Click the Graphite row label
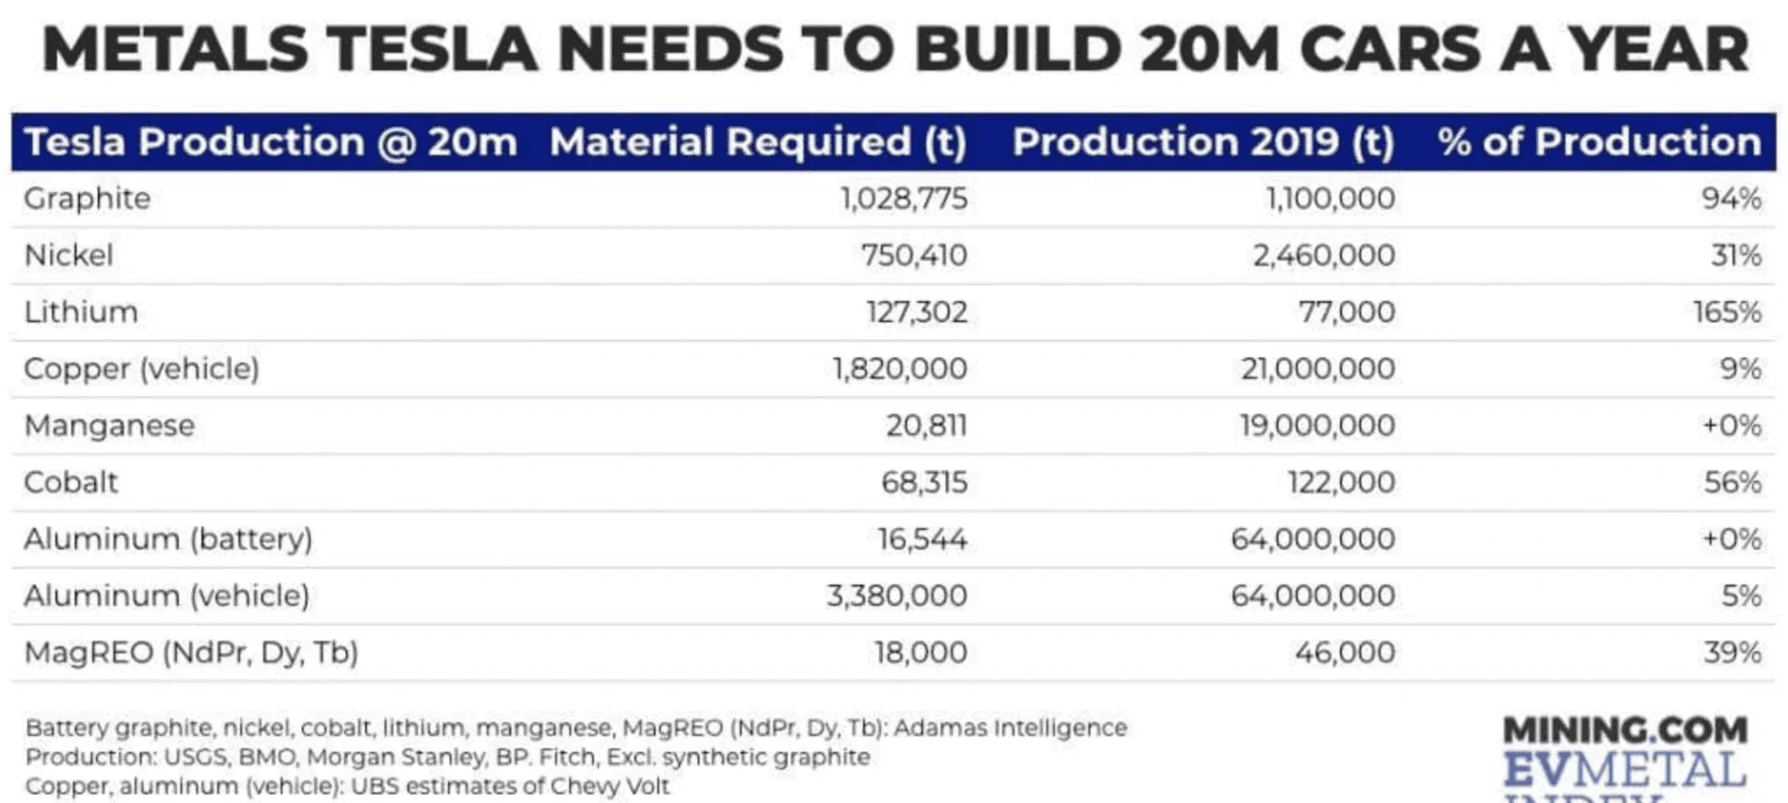pyautogui.click(x=87, y=199)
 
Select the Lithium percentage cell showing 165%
pyautogui.click(x=1726, y=312)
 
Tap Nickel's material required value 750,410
pyautogui.click(x=913, y=255)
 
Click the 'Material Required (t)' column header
pyautogui.click(x=758, y=142)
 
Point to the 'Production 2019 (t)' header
pyautogui.click(x=1203, y=142)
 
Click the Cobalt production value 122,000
pyautogui.click(x=1340, y=482)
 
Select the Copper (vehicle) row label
pyautogui.click(x=141, y=368)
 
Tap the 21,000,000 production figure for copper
pyautogui.click(x=1317, y=368)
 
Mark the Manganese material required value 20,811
pyautogui.click(x=925, y=426)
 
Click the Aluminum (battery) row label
pyautogui.click(x=168, y=538)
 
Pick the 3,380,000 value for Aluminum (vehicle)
pyautogui.click(x=896, y=595)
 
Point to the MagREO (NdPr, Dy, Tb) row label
pyautogui.click(x=190, y=652)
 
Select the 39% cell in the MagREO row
pyautogui.click(x=1732, y=652)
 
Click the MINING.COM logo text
pyautogui.click(x=1624, y=730)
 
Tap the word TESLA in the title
pyautogui.click(x=432, y=49)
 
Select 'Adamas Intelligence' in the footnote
pyautogui.click(x=1010, y=728)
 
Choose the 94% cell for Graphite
pyautogui.click(x=1731, y=199)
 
